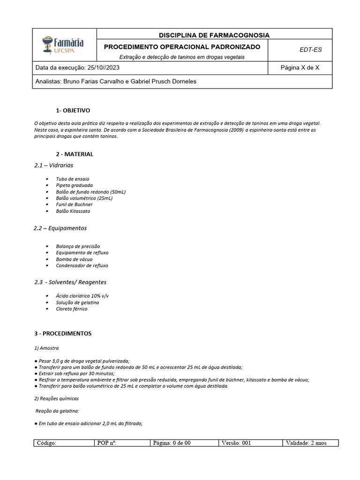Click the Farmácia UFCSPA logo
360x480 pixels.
(63, 45)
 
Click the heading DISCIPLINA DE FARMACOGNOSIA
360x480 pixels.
(214, 35)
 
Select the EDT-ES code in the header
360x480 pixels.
(310, 50)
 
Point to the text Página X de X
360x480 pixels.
(300, 67)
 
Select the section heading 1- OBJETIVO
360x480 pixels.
(73, 111)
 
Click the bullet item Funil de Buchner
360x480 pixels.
(74, 204)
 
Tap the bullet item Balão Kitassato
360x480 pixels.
(73, 211)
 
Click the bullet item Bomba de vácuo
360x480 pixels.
(74, 259)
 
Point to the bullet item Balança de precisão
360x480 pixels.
(78, 246)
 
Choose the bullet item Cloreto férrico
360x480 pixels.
(71, 309)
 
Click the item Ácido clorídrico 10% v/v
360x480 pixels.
(82, 296)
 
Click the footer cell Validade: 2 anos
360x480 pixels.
(309, 443)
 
